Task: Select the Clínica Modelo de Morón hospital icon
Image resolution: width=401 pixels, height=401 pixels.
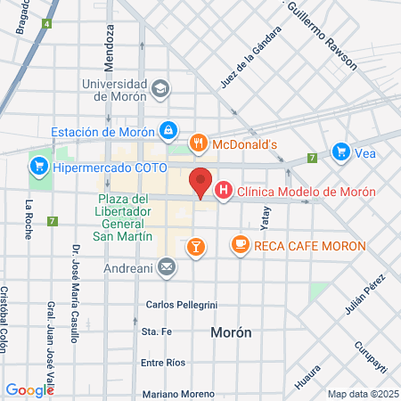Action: tap(224, 191)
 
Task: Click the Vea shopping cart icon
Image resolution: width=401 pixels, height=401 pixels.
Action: tap(340, 151)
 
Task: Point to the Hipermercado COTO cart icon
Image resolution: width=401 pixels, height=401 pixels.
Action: tap(38, 165)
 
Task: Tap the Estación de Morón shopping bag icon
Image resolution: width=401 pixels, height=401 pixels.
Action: tap(168, 131)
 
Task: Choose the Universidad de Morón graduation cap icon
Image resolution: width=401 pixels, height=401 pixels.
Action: tap(160, 88)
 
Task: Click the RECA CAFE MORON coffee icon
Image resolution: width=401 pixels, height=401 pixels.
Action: tap(240, 243)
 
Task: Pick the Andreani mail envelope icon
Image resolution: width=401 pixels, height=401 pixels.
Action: tap(167, 266)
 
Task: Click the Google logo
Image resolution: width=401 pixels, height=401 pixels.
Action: tap(29, 390)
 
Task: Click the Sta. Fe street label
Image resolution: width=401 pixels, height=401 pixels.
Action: tap(156, 332)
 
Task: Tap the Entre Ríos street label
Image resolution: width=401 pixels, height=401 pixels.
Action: tap(163, 363)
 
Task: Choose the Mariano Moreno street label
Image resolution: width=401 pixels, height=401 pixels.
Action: tap(178, 393)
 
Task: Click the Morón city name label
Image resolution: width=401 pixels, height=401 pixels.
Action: tap(231, 332)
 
